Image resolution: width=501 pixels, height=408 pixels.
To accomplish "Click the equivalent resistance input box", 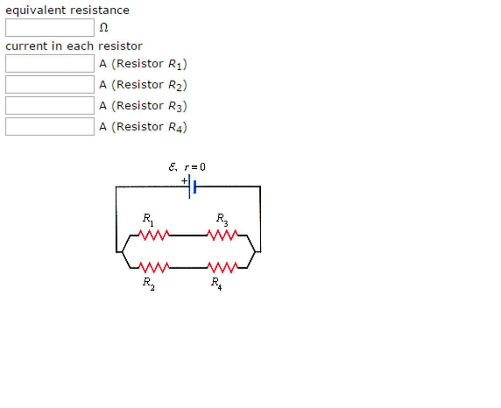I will [x=49, y=27].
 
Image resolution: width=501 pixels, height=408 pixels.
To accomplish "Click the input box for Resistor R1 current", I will [x=49, y=64].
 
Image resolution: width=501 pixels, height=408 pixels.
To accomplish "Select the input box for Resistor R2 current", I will [x=49, y=85].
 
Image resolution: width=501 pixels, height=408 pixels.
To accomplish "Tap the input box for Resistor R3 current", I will [x=49, y=106].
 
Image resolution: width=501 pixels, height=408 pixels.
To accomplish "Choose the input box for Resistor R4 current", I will [x=49, y=127].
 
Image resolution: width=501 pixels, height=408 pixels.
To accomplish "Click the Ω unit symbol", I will [x=103, y=28].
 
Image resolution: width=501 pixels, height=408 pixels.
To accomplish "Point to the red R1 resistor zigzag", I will [x=154, y=235].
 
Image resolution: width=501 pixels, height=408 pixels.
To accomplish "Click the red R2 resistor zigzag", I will [x=154, y=268].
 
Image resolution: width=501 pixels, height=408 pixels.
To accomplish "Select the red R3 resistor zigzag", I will [x=223, y=235].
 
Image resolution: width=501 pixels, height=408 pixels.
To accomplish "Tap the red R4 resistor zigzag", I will [x=223, y=268].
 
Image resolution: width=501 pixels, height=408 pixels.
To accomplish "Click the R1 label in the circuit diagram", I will [x=148, y=219].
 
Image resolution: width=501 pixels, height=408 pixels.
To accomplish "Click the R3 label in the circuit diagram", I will [x=222, y=219].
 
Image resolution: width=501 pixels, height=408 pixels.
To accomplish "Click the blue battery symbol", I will [x=192, y=187].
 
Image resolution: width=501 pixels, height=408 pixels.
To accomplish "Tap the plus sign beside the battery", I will [x=184, y=181].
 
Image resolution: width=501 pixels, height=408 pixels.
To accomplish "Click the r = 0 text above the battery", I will [x=195, y=167].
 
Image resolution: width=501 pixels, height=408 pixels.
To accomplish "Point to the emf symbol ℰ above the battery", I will [x=172, y=167].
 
